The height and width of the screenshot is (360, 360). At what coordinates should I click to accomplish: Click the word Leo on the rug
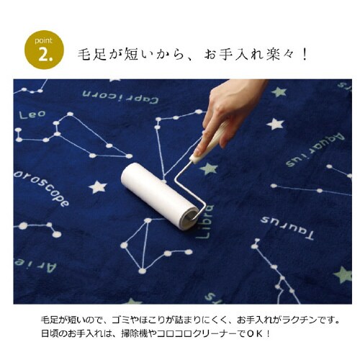coord(32,114)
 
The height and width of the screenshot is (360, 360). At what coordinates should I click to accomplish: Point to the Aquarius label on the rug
coord(315,150)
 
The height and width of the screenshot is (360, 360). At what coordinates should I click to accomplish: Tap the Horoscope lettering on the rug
coord(42,186)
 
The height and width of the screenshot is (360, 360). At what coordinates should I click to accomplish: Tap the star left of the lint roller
coord(97,187)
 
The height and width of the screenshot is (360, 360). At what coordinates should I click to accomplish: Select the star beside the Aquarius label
coord(275,124)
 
